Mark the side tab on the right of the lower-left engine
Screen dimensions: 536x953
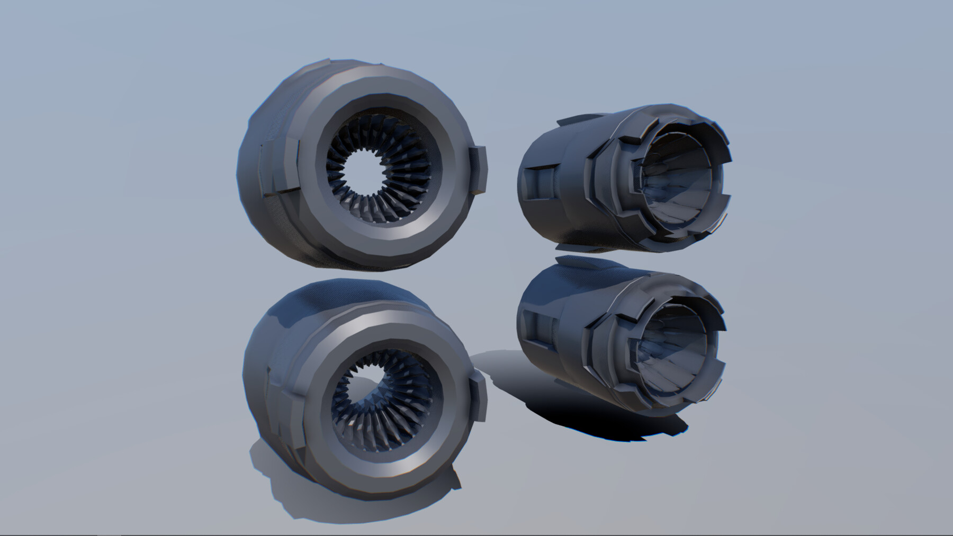coord(478,397)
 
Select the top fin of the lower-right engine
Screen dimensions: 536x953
coord(582,262)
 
